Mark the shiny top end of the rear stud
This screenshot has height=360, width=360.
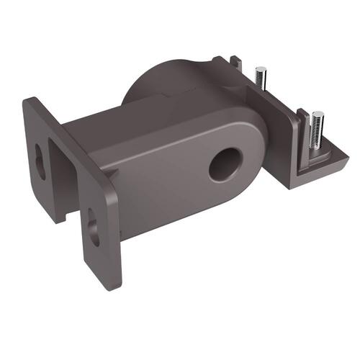(x=262, y=70)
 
